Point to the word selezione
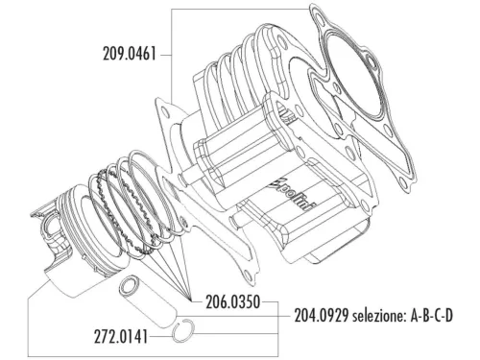[389, 315]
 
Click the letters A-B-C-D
[449, 315]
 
